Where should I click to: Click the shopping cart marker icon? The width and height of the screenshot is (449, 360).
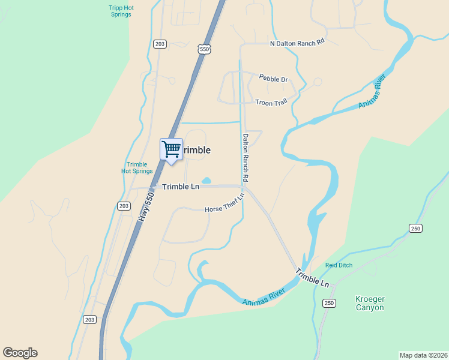tap(172, 149)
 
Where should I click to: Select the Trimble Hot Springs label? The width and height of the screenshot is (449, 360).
tap(137, 168)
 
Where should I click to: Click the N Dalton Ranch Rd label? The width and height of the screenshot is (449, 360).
tap(297, 43)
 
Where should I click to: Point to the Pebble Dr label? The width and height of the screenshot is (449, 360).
tap(273, 79)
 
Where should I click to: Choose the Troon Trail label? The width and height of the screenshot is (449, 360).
tap(271, 103)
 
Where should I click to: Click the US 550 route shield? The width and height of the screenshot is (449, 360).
tap(205, 50)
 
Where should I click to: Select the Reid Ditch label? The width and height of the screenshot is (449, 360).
tap(339, 265)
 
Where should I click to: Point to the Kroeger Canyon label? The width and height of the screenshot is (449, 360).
tap(369, 304)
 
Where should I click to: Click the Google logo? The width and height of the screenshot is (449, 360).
tap(20, 353)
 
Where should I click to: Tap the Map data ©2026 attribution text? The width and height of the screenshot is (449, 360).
tap(423, 355)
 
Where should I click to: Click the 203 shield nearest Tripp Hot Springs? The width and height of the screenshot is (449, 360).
tap(160, 44)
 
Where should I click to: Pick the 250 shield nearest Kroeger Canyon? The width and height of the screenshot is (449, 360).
tap(328, 303)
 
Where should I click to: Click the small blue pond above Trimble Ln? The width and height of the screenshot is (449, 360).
tap(206, 180)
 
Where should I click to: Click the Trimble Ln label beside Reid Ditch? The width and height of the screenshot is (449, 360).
tap(312, 278)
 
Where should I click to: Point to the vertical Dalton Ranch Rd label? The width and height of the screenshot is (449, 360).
tap(246, 158)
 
